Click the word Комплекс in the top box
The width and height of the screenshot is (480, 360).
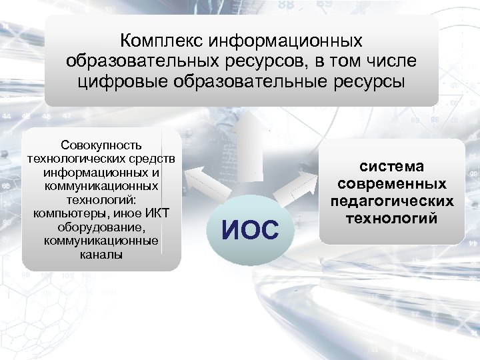162,41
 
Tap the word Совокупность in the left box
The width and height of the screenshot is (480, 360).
101,145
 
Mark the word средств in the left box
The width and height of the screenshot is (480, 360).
157,159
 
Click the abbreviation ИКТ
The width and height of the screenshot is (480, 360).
157,213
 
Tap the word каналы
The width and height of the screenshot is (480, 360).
101,254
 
